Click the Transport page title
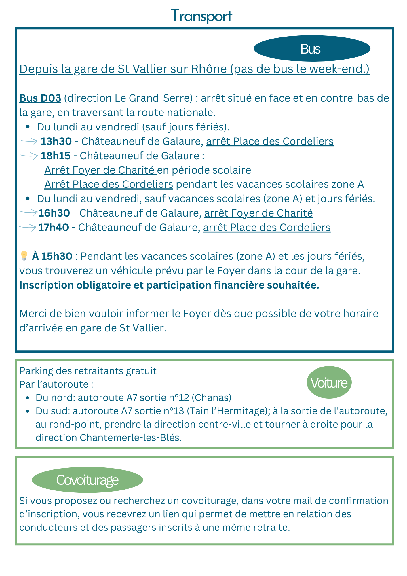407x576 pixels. coord(201,16)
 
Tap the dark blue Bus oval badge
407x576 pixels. coord(312,49)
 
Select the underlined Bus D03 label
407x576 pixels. coord(40,98)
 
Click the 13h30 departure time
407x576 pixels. coord(56,141)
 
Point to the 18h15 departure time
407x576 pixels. coord(56,156)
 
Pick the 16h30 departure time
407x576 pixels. coord(54,213)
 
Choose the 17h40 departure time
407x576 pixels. coord(54,228)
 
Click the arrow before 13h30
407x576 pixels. coord(29,141)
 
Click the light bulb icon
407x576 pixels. coord(24,256)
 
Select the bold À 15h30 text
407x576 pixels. coord(52,256)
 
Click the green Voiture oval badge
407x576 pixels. coord(329,383)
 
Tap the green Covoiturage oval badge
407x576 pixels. coord(87,480)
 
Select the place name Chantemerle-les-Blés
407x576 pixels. coord(130,438)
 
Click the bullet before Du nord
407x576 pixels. coord(27,398)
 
